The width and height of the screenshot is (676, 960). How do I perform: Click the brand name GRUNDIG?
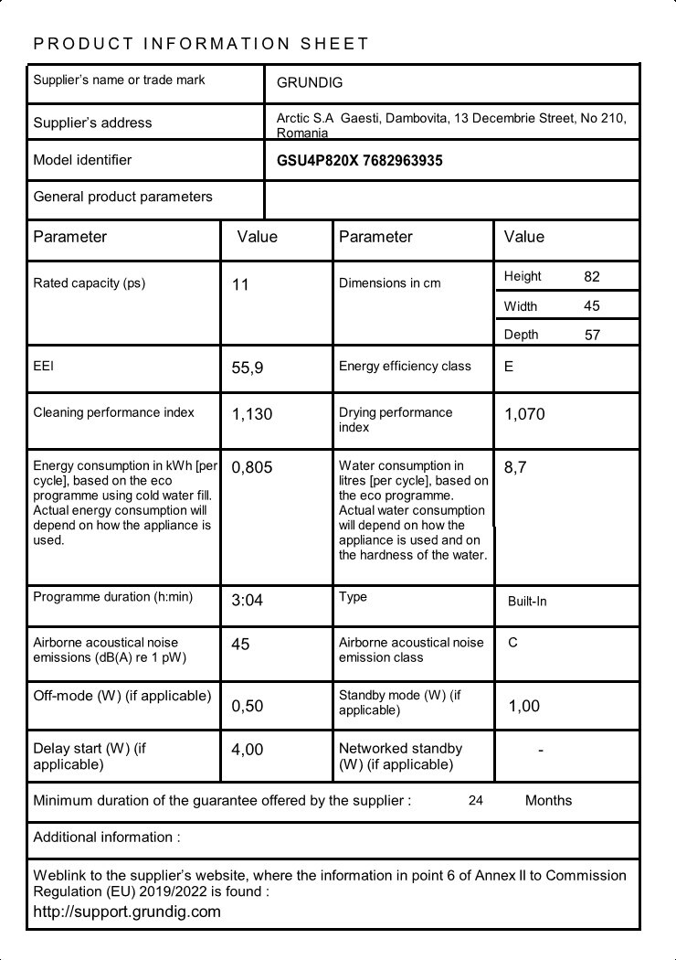[310, 83]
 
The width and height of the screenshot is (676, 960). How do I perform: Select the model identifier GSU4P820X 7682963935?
[359, 161]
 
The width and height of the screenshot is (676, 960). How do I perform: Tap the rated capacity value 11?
[240, 285]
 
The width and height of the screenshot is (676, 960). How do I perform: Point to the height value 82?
[592, 276]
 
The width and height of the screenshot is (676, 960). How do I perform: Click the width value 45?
[592, 306]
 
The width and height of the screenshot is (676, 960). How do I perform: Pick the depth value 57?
[592, 335]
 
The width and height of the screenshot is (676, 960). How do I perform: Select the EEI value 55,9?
[248, 368]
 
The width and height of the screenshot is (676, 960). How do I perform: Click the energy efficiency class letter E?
[509, 367]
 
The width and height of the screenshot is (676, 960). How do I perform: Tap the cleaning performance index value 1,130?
[252, 414]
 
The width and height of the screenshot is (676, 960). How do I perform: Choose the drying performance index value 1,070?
[524, 414]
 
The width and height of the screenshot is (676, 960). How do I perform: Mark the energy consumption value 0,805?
[252, 468]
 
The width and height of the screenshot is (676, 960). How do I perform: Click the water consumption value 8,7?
[515, 468]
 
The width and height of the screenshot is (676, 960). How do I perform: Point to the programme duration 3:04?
[248, 601]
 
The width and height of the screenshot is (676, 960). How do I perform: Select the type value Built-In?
[527, 602]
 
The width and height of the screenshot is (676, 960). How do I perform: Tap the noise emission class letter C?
[512, 643]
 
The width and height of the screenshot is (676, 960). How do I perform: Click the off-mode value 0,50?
[248, 706]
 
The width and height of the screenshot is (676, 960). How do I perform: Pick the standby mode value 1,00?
[523, 706]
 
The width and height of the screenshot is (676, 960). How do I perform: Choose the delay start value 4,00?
[248, 750]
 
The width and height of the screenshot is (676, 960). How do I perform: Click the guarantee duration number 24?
[475, 801]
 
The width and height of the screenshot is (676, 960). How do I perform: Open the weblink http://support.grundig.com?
[127, 912]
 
